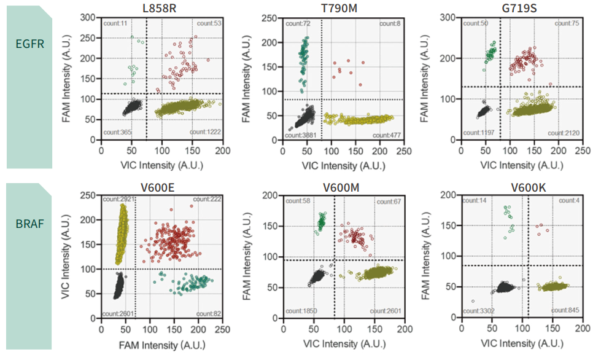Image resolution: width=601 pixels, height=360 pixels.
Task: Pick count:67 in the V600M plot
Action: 389,202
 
